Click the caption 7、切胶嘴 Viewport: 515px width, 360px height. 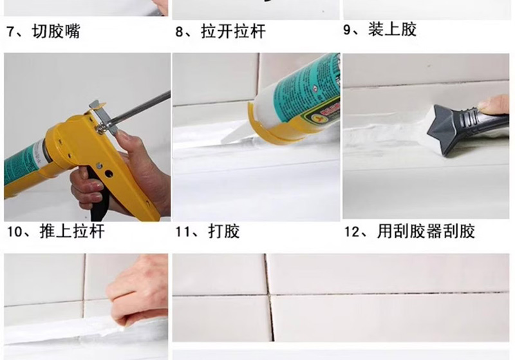click(43, 32)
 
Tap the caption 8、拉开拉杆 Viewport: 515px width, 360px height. click(220, 32)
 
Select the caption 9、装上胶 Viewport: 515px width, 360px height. click(380, 30)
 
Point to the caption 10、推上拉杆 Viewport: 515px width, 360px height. click(56, 231)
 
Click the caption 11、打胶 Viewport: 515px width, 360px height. click(207, 231)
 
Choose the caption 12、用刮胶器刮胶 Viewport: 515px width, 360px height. click(409, 231)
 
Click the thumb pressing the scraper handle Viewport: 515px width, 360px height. click(492, 104)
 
